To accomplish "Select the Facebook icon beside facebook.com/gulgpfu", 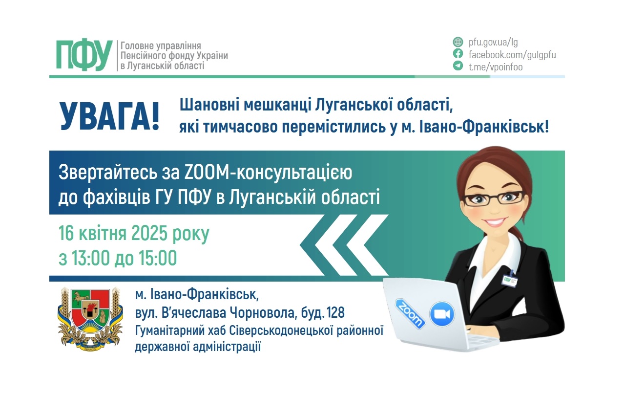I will (458, 54).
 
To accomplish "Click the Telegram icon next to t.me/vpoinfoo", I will (458, 66).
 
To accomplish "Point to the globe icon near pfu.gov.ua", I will (458, 42).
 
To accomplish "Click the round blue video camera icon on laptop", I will (442, 314).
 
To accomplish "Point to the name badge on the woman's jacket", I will (509, 279).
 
